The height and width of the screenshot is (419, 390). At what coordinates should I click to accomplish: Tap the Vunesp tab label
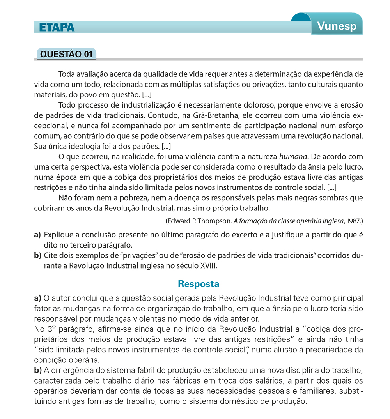(337, 26)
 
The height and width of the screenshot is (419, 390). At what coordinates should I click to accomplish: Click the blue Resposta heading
(198, 284)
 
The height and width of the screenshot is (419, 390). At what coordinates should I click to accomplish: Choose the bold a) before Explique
(37, 235)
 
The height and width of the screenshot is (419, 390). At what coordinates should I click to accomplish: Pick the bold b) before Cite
(37, 256)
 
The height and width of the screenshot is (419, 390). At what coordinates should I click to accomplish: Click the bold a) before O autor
(38, 299)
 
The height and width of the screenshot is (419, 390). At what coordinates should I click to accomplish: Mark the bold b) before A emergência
(38, 369)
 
